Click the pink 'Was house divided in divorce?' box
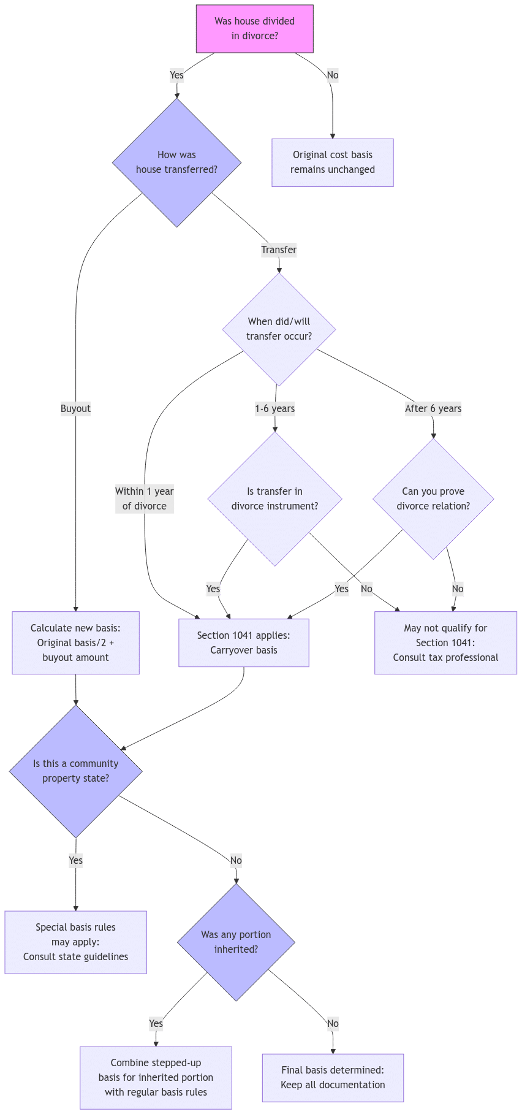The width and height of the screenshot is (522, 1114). (255, 29)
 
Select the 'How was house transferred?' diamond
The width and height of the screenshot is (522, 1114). (176, 162)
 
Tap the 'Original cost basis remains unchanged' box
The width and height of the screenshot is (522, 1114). (333, 162)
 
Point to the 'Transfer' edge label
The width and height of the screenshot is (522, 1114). (279, 250)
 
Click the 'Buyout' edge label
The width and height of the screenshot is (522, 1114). (75, 408)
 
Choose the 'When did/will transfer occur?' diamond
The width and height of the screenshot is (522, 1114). (279, 329)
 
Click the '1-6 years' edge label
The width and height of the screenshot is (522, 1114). (274, 408)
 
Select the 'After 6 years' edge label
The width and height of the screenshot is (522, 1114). (433, 408)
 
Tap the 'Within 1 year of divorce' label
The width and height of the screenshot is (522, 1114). (145, 498)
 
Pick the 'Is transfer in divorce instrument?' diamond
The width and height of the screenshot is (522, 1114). (274, 498)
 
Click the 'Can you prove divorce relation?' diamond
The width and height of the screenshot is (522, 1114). (433, 498)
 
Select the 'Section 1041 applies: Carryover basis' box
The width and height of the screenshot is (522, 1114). (244, 643)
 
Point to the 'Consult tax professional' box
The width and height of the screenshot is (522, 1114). (445, 643)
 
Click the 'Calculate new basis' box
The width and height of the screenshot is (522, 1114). (75, 643)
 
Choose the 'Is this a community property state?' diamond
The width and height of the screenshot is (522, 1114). (75, 771)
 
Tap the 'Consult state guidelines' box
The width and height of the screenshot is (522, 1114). (75, 942)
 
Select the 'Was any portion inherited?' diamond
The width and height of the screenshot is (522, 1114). (236, 942)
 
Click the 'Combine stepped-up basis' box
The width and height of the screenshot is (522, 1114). (156, 1077)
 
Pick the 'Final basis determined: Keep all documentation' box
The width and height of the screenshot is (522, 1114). (333, 1077)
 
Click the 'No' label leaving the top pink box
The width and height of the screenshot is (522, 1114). (333, 75)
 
